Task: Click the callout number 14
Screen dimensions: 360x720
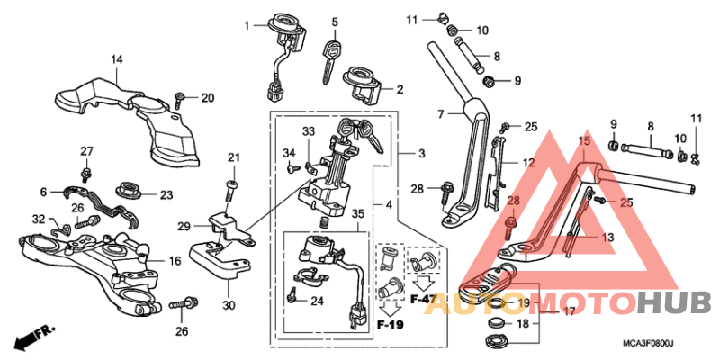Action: point(116,60)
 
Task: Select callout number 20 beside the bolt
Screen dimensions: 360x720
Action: point(208,98)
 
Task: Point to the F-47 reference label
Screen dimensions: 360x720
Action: point(423,297)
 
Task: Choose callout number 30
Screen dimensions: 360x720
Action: point(229,304)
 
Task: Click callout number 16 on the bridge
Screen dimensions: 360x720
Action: point(175,261)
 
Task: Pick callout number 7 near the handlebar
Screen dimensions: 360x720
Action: point(441,114)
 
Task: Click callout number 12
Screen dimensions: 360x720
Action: point(528,163)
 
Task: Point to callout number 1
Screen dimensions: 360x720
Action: point(246,25)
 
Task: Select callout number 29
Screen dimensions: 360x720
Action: point(183,225)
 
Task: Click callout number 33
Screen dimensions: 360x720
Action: point(309,132)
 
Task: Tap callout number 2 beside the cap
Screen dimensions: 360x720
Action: point(400,89)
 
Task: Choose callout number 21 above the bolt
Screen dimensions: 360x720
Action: point(234,159)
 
